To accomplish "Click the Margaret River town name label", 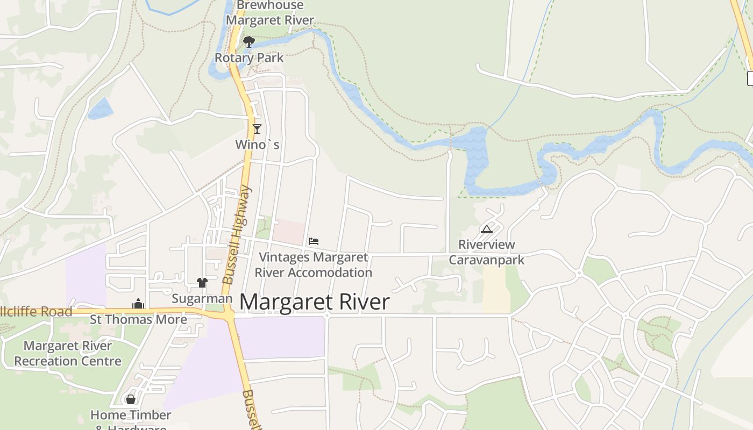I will point(314,302).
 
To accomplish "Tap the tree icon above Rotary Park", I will point(248,41).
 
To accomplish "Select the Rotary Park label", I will point(249,58).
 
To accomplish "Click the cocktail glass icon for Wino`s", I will point(257,128).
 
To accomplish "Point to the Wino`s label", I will point(258,145).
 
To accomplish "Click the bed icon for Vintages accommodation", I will point(314,241).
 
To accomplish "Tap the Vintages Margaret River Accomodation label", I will point(314,265).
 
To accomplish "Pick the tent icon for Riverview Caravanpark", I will point(486,230).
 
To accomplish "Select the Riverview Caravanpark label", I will point(486,252).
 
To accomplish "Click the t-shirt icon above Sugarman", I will point(202,282).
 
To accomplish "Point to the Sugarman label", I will point(202,298).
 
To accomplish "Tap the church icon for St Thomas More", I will point(138,304).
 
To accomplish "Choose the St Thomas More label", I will point(138,319).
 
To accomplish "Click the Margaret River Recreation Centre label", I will point(68,353).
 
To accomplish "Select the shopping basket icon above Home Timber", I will point(130,399).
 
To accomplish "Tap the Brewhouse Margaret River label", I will point(270,13).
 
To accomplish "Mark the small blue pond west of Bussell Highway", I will point(101,109).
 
